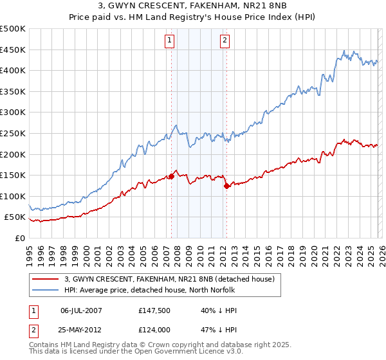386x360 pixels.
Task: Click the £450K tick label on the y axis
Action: [x=13, y=50]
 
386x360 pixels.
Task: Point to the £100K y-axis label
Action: [x=13, y=196]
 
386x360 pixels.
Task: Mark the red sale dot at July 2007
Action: [x=172, y=176]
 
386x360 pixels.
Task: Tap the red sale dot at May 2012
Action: [x=226, y=186]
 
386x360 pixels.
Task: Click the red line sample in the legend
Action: [x=46, y=279]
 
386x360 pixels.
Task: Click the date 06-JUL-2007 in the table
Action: [x=82, y=310]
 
